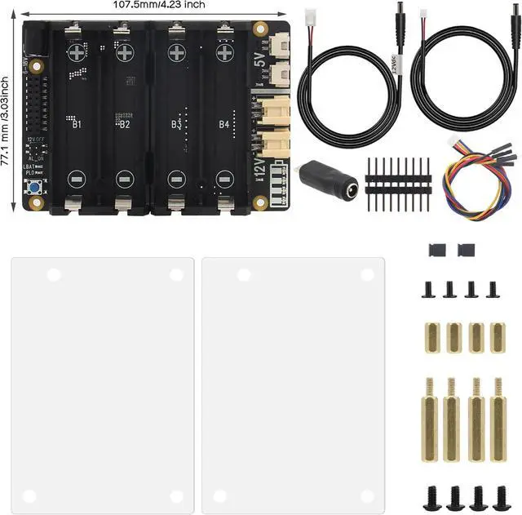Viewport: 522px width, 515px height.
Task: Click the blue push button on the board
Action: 36,190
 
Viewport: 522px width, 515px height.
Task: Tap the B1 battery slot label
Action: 76,125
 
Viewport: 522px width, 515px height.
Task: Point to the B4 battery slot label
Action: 223,125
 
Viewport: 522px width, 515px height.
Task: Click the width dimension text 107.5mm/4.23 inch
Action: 160,5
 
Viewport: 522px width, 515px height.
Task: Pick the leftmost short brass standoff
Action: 431,336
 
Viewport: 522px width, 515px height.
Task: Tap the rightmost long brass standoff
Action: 497,418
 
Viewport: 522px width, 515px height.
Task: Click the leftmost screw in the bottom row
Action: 431,496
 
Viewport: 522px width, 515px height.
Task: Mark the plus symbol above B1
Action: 77,52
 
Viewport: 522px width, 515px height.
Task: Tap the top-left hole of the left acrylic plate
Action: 53,275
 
